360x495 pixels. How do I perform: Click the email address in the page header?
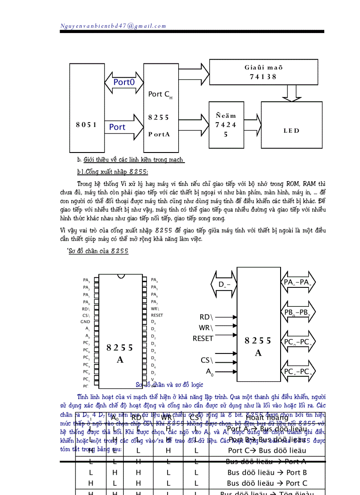click(113, 26)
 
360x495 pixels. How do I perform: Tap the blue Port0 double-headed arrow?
click(124, 82)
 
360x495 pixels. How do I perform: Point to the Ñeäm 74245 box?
click(225, 125)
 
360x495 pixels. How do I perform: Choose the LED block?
click(291, 130)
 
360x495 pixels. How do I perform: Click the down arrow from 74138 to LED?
click(291, 93)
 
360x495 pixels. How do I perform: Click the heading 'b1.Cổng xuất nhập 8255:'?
click(112, 171)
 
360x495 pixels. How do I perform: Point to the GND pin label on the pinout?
click(85, 322)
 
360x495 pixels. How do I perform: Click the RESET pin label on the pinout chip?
click(157, 315)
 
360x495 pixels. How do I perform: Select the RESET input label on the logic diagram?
click(203, 339)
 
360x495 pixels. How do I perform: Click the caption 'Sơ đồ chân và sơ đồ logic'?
click(169, 385)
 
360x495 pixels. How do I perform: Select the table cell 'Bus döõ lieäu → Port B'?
click(267, 472)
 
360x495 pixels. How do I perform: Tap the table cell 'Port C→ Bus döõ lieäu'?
click(267, 450)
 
